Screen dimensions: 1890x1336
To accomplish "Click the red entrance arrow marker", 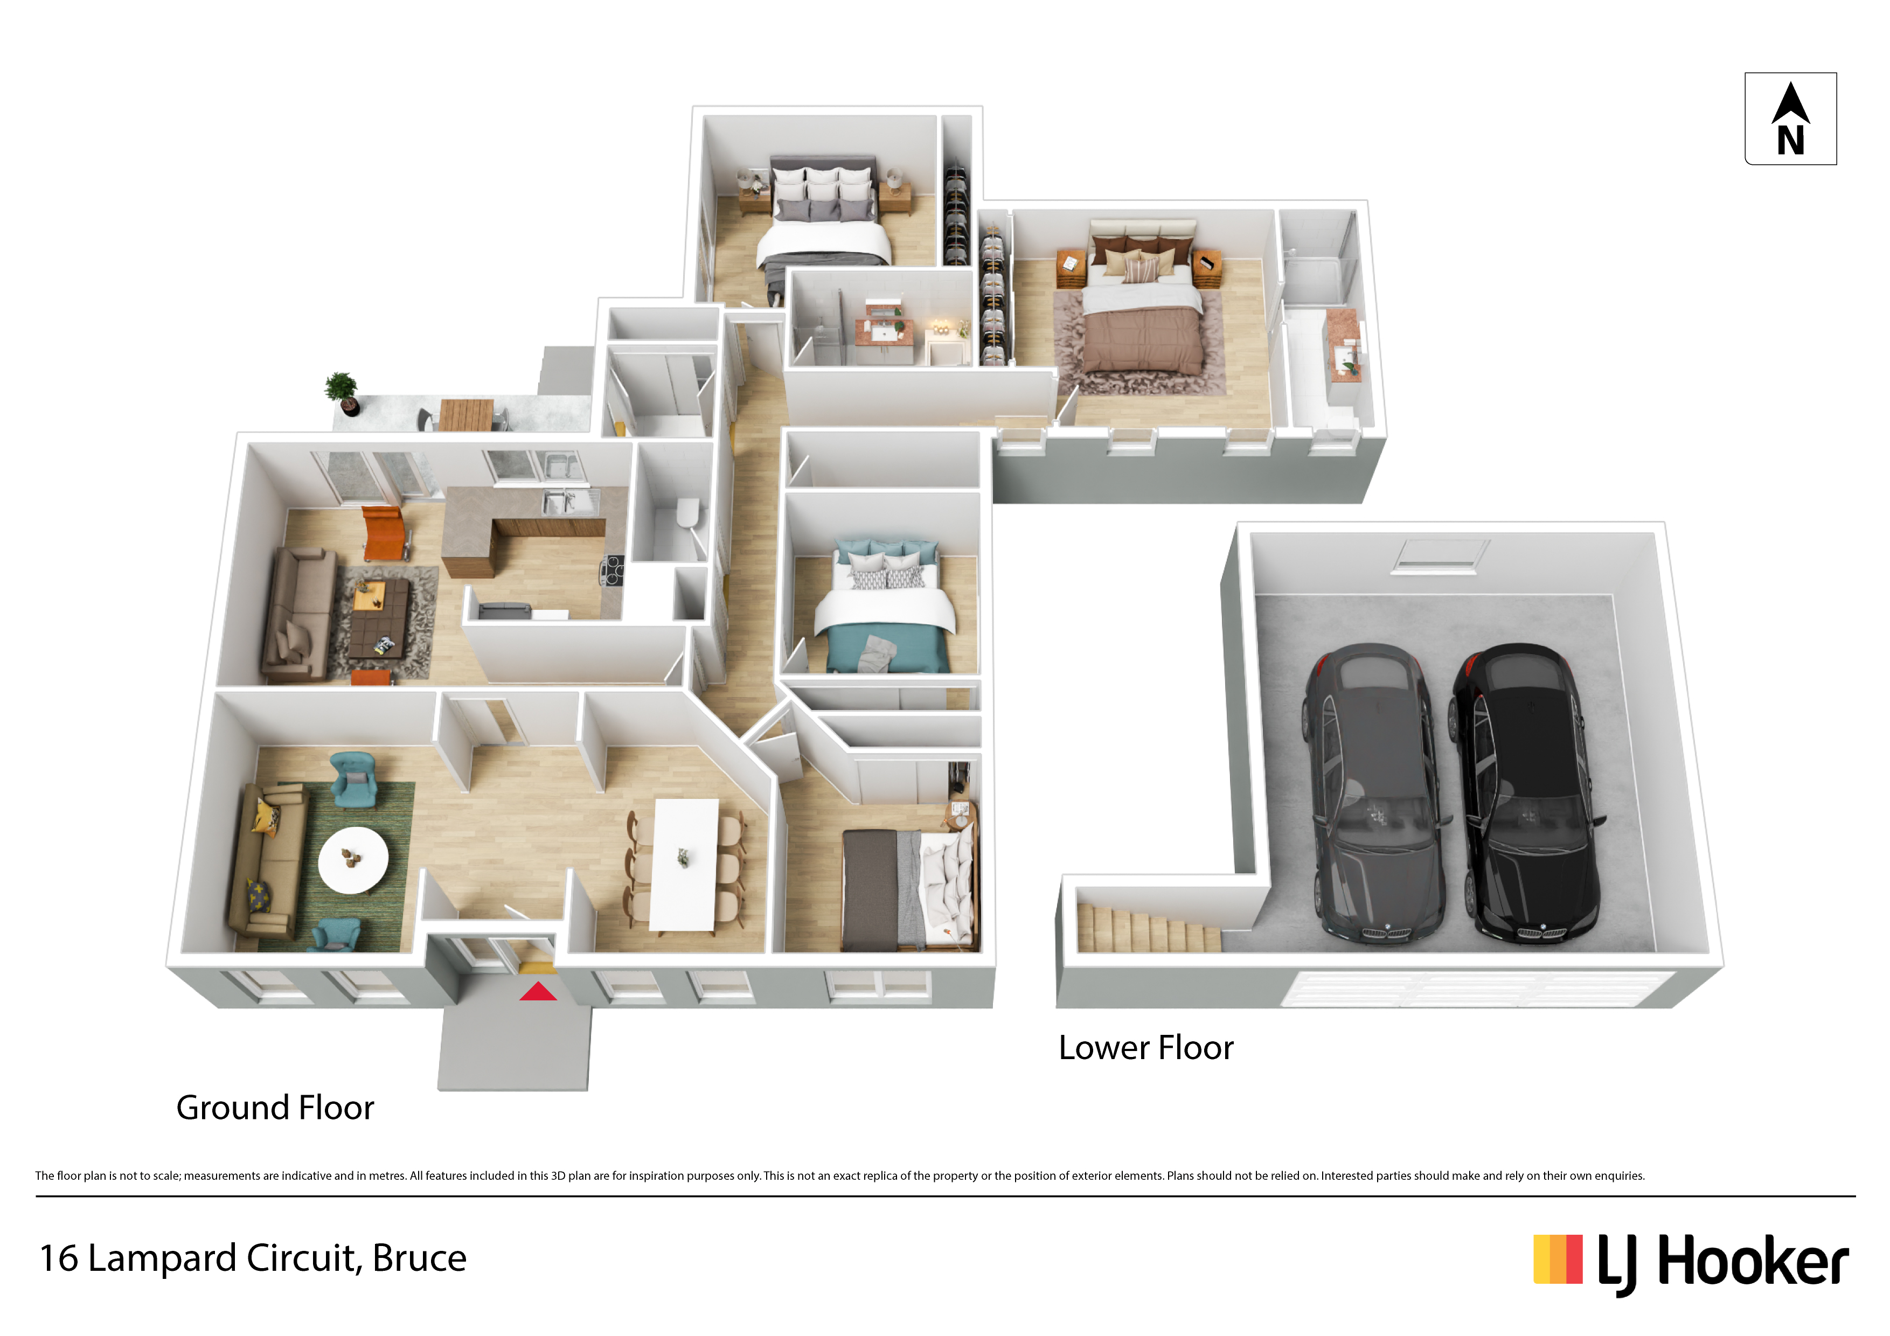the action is (538, 991).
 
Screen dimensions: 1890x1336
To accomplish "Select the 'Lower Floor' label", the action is (1146, 1048).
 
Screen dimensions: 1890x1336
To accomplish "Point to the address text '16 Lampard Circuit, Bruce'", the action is (253, 1258).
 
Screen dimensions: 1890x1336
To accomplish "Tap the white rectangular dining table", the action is (684, 864).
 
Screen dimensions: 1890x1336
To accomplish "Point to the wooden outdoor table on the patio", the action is (466, 414).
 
